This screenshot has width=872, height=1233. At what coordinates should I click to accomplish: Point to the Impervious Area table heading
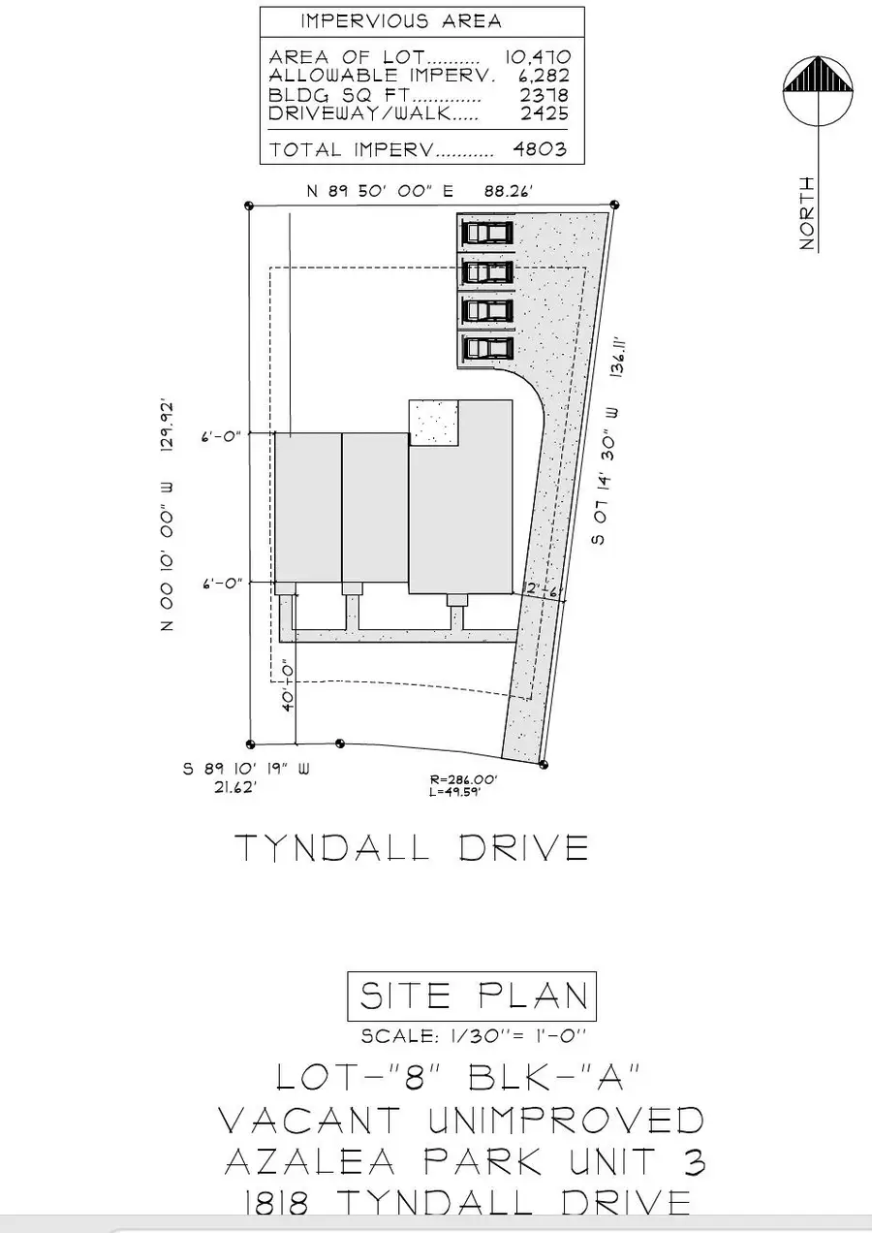(401, 21)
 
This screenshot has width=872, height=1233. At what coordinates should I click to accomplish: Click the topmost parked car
(487, 234)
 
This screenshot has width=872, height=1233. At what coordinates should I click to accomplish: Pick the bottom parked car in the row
(487, 348)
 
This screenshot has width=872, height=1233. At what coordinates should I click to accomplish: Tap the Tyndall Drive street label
(412, 848)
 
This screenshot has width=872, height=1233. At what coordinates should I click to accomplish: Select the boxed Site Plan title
(473, 996)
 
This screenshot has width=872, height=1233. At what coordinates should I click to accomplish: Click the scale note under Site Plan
(473, 1036)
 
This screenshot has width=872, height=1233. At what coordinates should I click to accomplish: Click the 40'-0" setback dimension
(288, 687)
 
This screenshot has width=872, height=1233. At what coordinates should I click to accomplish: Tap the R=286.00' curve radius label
(463, 779)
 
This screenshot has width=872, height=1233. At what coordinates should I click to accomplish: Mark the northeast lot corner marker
(615, 205)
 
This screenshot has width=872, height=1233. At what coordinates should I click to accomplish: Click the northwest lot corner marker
(249, 205)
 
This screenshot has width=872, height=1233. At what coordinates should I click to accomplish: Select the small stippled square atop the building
(433, 424)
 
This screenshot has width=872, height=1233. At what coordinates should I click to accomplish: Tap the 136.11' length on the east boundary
(619, 355)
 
